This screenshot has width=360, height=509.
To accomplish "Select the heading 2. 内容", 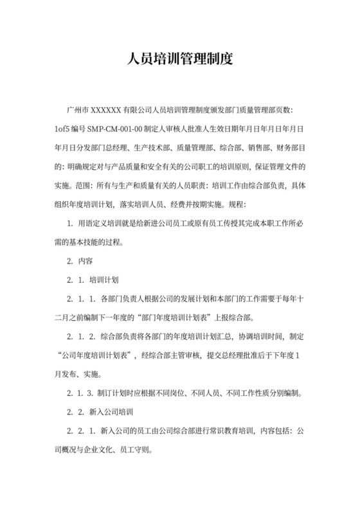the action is click(80, 262).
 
